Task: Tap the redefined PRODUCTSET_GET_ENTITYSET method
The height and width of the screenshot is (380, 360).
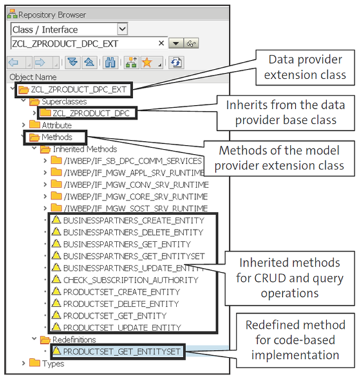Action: [x=123, y=351]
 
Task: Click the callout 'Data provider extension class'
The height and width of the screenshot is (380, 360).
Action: [x=305, y=66]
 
